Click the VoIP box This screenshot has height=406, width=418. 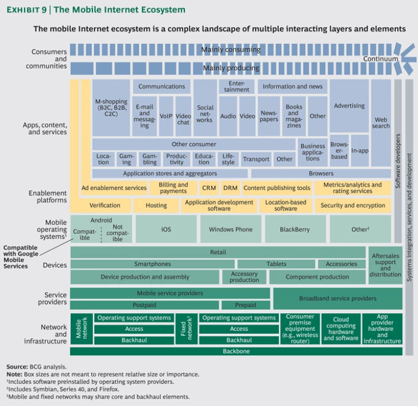[x=166, y=116]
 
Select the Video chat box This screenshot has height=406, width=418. [x=183, y=116]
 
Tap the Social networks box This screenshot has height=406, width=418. [x=205, y=113]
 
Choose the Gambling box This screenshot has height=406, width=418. [x=150, y=159]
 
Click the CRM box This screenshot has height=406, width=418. [x=209, y=188]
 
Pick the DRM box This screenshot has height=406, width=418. [x=230, y=188]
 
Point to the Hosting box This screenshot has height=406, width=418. [x=157, y=206]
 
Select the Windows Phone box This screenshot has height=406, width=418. [x=231, y=229]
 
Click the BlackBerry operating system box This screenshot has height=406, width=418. [x=295, y=229]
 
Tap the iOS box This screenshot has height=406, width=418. [x=166, y=229]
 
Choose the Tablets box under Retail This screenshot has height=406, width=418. [x=276, y=264]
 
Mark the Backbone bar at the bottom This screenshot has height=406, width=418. [x=236, y=352]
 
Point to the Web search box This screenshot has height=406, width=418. [x=381, y=122]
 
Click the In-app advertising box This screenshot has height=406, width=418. [x=359, y=150]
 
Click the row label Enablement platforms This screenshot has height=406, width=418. [x=48, y=196]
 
